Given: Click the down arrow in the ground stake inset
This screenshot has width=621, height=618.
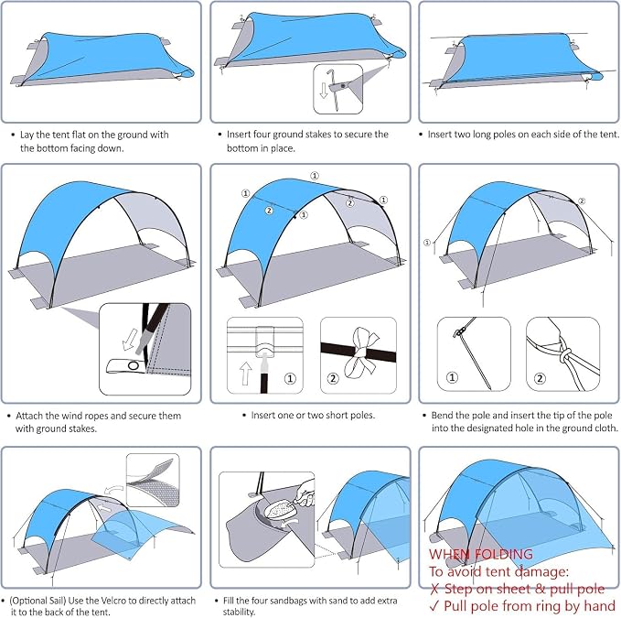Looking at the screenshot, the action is coord(324,90).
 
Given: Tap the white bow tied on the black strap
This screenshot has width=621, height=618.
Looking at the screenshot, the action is coord(360,352).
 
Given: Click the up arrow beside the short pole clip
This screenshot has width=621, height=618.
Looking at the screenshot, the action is coord(245,373).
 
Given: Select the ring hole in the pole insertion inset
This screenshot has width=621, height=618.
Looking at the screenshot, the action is coord(134,365).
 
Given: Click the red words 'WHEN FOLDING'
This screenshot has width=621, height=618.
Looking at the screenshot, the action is coord(481,554).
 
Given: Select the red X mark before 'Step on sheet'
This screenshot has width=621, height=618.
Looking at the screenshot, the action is coord(434,589).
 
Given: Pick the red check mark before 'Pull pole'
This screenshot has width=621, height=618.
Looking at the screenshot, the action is coord(434,606).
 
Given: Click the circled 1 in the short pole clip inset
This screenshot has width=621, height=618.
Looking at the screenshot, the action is coord(290,378).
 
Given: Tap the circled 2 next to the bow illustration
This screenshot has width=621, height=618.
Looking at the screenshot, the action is coord(333,378).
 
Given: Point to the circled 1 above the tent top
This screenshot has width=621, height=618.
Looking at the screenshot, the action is coord(315,176).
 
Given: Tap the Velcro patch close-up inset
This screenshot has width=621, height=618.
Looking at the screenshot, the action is coord(153,480).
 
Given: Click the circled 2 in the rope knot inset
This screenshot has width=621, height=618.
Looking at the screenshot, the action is coord(540,378).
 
